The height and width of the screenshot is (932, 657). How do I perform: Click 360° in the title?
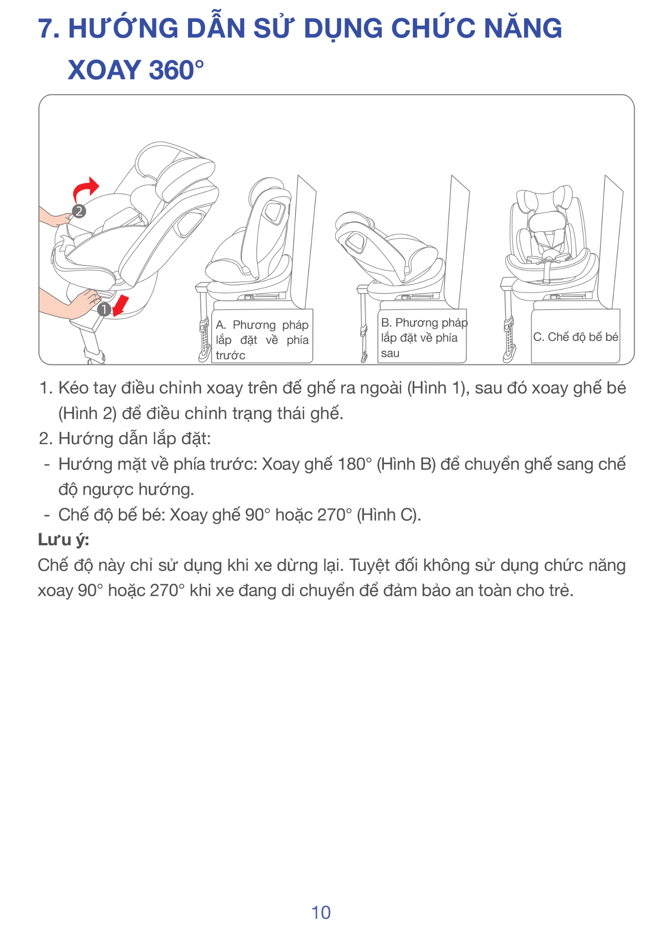click(x=176, y=70)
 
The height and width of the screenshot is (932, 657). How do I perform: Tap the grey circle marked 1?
click(x=104, y=309)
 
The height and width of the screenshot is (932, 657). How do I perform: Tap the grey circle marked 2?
click(x=79, y=211)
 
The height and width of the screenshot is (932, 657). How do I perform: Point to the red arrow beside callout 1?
click(x=121, y=305)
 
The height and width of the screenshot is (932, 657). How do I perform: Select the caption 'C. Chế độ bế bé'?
click(x=576, y=337)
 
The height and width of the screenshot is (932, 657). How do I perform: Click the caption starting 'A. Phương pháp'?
click(x=262, y=340)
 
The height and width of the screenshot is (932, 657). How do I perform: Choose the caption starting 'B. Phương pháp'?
click(x=424, y=338)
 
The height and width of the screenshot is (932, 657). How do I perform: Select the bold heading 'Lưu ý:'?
click(x=63, y=540)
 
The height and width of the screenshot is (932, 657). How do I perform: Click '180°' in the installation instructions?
click(x=355, y=464)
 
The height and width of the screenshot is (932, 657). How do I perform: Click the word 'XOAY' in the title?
click(x=104, y=70)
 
